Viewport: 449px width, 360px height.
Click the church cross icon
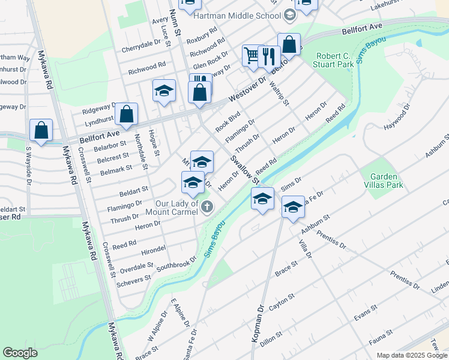pyautogui.click(x=207, y=208)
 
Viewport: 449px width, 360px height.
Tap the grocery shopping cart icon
pyautogui.click(x=251, y=56)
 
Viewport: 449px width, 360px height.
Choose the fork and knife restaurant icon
pyautogui.click(x=269, y=57)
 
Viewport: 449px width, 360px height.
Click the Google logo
pyautogui.click(x=20, y=353)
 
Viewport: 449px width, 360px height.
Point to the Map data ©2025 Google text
pyautogui.click(x=412, y=355)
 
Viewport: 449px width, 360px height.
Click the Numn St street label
pyautogui.click(x=175, y=23)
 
